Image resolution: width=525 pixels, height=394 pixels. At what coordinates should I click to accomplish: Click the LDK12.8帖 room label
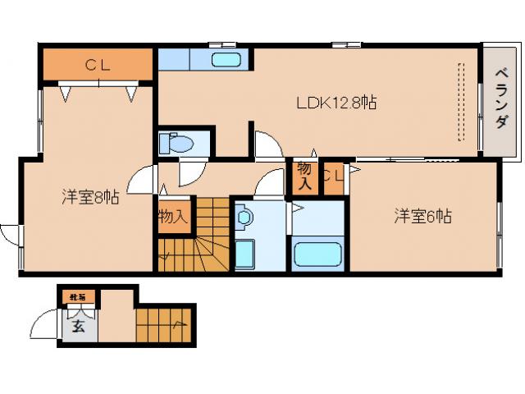click(x=336, y=103)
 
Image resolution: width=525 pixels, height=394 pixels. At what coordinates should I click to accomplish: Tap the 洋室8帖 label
click(x=90, y=197)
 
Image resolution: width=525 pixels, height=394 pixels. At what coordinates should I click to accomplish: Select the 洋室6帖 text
click(x=422, y=217)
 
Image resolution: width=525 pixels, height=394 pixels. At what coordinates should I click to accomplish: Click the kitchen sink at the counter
click(x=226, y=60)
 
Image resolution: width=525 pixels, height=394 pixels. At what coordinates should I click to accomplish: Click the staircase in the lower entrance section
click(x=165, y=323)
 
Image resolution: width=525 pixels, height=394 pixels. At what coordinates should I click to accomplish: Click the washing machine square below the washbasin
click(x=245, y=254)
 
